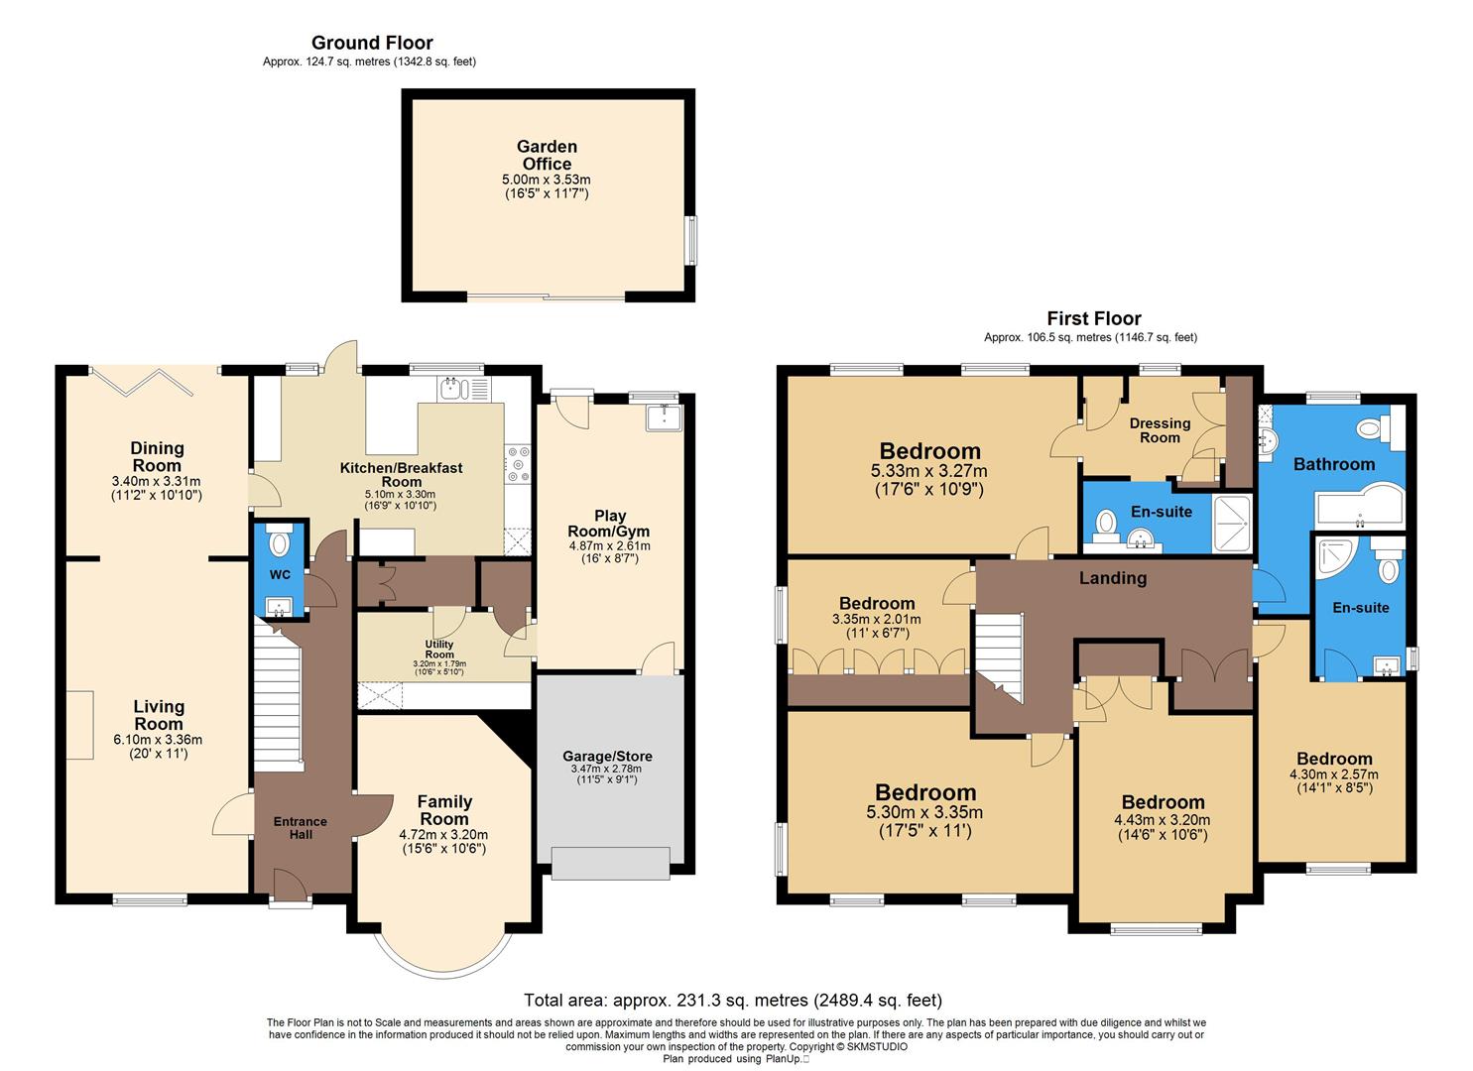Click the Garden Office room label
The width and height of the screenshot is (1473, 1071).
(546, 155)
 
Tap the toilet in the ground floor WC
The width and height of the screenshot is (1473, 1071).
(279, 542)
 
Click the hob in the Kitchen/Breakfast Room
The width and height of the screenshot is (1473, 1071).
(518, 464)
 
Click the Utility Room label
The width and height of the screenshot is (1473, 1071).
(439, 650)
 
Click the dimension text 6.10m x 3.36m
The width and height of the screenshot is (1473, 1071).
(159, 739)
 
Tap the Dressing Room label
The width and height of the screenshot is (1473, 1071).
(1160, 430)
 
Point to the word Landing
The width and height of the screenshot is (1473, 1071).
(1112, 578)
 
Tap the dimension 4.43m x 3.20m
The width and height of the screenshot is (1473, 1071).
(1163, 820)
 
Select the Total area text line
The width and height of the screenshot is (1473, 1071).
(732, 1000)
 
